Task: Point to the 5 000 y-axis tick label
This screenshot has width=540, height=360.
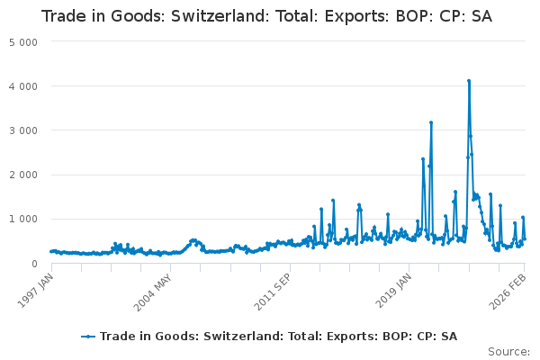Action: point(22,42)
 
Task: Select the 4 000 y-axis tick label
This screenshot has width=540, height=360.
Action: point(22,86)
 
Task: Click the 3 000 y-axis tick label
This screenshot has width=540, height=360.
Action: point(22,130)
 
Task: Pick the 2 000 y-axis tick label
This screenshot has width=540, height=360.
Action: point(22,175)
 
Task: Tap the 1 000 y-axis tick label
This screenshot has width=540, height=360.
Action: point(22,219)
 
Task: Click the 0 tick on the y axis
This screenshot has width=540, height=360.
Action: point(33,263)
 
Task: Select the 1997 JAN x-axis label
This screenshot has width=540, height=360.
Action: point(36,290)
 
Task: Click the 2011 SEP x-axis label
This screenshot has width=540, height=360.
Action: point(274,290)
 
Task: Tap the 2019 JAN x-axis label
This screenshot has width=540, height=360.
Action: point(396,290)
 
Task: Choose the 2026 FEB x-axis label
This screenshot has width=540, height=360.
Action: point(510,290)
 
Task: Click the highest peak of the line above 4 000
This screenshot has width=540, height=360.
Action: point(469,81)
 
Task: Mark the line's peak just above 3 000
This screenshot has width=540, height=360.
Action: point(431,122)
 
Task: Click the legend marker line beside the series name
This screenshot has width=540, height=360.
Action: point(88,336)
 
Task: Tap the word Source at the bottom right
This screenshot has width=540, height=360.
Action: point(509,351)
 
